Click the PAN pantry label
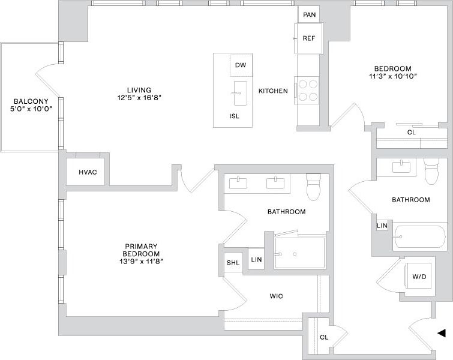(x=310, y=14)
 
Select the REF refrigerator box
(x=309, y=38)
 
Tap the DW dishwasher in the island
(x=241, y=65)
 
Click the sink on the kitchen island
(x=240, y=93)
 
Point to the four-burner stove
(x=308, y=91)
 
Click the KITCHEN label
(x=273, y=91)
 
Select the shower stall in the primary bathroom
(x=299, y=253)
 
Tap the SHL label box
(x=232, y=263)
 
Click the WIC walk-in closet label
(x=276, y=296)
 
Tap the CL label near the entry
(x=323, y=337)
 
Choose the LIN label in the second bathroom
(x=382, y=226)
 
